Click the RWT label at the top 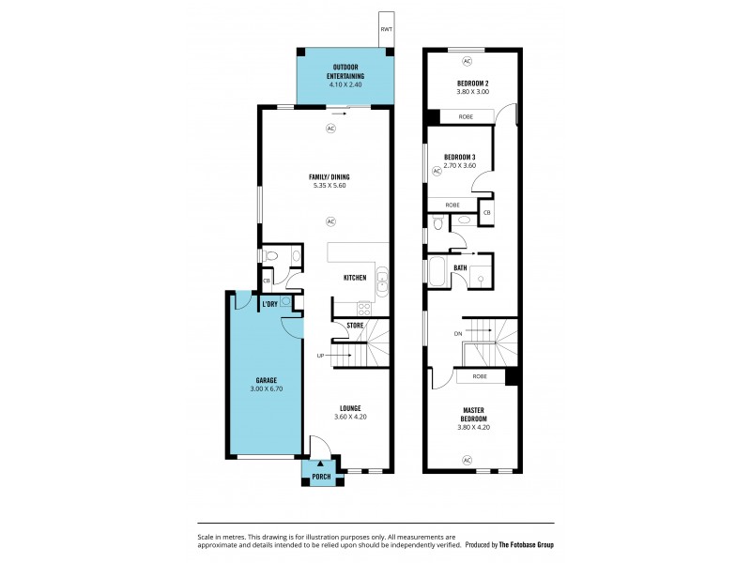pos(386,30)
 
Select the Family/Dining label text pos(330,176)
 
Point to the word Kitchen pos(354,278)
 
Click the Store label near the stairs pos(355,326)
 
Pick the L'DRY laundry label pos(268,304)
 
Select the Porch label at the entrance pos(321,478)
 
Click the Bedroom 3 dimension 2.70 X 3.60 pos(460,165)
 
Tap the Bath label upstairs pos(460,267)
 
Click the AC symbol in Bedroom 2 pos(467,61)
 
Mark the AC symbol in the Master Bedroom pos(467,459)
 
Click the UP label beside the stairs pos(320,356)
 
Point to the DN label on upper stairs pos(458,332)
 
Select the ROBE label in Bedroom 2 pos(466,116)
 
